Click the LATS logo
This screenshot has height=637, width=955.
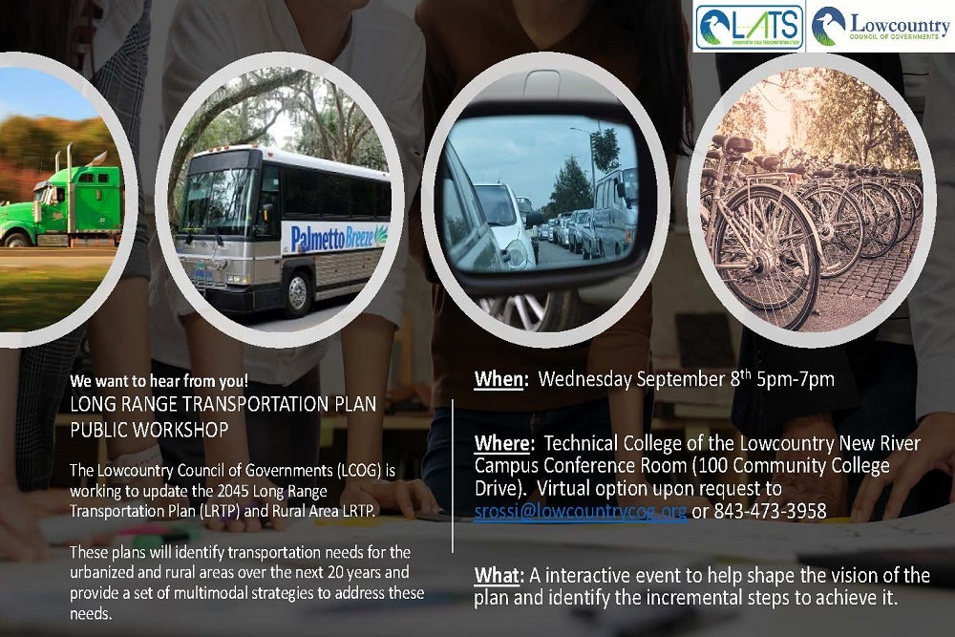click(749, 28)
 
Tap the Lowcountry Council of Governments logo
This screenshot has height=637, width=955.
click(880, 28)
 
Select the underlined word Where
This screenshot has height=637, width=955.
click(502, 444)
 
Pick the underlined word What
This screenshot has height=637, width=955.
click(497, 576)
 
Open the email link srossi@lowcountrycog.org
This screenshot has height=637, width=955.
click(581, 511)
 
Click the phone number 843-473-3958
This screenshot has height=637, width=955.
click(770, 511)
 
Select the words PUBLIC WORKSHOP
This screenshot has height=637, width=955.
click(149, 431)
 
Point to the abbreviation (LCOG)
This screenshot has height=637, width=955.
click(358, 473)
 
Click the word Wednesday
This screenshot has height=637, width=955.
click(584, 379)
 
